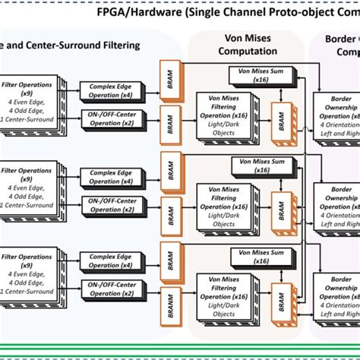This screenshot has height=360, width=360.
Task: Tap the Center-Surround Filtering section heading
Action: [x=72, y=45]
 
